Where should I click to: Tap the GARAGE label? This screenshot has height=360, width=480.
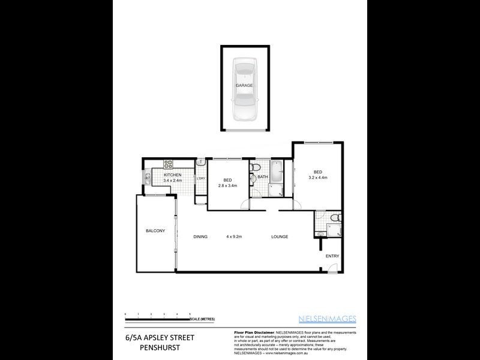[244, 85]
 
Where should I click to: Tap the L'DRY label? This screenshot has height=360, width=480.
[201, 178]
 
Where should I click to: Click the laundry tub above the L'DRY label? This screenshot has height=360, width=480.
[200, 162]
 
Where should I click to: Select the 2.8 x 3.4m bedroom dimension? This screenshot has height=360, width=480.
[227, 185]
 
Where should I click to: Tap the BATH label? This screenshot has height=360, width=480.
[262, 177]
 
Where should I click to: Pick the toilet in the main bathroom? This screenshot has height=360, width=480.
[256, 166]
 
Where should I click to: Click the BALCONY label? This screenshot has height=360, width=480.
[155, 231]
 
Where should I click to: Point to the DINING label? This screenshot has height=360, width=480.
[200, 236]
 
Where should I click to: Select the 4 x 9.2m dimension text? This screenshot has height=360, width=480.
[233, 236]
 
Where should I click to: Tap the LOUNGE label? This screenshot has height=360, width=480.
[279, 236]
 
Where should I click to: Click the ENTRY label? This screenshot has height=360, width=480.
[332, 256]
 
